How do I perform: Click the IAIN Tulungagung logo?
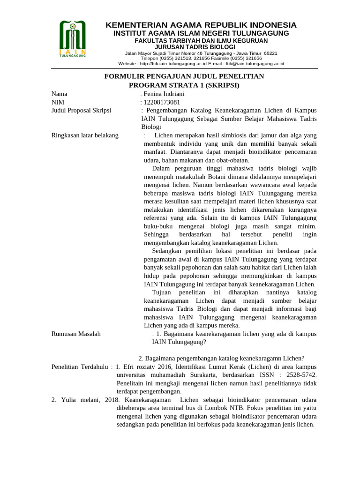pyautogui.click(x=73, y=39)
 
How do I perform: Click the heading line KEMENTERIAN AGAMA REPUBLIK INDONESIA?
pyautogui.click(x=201, y=25)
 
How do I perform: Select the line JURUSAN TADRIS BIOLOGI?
pyautogui.click(x=201, y=47)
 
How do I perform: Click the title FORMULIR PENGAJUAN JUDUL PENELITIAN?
pyautogui.click(x=184, y=76)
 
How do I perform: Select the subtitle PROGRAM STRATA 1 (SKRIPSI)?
pyautogui.click(x=184, y=85)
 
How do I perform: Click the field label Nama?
pyautogui.click(x=60, y=94)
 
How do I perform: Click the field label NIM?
pyautogui.click(x=58, y=102)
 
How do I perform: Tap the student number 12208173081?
pyautogui.click(x=161, y=102)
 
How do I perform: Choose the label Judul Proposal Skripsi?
pyautogui.click(x=81, y=111)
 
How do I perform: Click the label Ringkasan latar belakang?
pyautogui.click(x=85, y=135)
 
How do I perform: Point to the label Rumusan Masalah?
pyautogui.click(x=76, y=334)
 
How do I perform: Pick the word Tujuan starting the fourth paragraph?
pyautogui.click(x=162, y=292)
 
